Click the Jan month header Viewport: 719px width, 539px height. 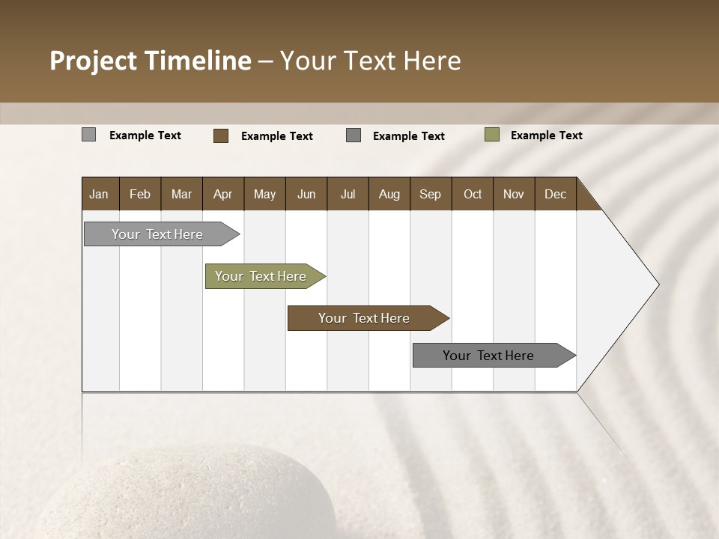[100, 194]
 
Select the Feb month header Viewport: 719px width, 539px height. [140, 194]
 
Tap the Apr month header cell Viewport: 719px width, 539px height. [223, 194]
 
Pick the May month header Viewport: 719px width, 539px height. [264, 194]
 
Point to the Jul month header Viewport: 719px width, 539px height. [348, 194]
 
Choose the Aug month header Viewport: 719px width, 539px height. [389, 194]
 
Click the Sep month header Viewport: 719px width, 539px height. [431, 194]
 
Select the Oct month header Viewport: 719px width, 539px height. [473, 194]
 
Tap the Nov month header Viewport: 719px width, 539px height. [514, 194]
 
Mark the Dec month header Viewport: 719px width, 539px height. [556, 194]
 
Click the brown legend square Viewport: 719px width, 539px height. [221, 135]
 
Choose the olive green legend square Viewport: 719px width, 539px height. [492, 135]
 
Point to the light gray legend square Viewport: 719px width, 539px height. [89, 135]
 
